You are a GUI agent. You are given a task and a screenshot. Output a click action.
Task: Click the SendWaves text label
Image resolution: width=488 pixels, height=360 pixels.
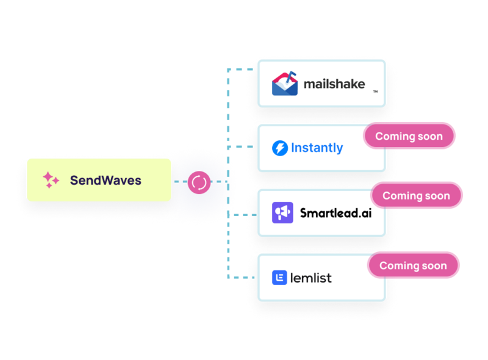click(x=106, y=180)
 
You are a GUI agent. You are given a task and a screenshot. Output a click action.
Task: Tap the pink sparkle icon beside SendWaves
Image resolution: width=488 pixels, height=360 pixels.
click(x=51, y=180)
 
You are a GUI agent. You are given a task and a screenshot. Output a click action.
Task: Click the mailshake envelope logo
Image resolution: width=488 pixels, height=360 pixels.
click(x=285, y=84)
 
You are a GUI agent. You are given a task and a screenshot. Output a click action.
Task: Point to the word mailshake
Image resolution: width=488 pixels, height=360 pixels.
click(x=334, y=84)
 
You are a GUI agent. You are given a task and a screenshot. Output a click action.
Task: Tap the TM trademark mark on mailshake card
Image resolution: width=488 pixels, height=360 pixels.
click(x=375, y=92)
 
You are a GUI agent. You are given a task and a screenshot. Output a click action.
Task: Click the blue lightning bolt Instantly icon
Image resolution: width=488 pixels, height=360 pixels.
click(x=280, y=148)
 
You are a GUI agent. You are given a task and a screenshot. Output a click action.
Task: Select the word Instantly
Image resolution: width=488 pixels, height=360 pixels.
click(x=317, y=148)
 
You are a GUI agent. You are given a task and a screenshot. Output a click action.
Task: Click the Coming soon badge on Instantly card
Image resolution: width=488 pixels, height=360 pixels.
click(x=408, y=136)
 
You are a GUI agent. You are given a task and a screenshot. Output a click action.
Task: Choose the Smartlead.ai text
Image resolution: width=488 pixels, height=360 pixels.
click(x=335, y=213)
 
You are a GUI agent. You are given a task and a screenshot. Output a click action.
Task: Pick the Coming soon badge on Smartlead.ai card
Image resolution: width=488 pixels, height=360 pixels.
click(x=415, y=196)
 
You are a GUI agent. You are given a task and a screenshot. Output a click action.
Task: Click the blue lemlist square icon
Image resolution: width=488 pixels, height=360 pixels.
click(x=279, y=278)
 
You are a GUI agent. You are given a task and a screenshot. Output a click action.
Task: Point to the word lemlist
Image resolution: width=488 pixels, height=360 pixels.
click(x=311, y=278)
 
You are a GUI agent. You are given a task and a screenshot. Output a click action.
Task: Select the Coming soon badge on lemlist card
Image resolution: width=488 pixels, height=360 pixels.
click(x=412, y=265)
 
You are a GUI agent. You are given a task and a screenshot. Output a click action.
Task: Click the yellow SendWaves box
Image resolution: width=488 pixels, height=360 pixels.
click(x=99, y=180)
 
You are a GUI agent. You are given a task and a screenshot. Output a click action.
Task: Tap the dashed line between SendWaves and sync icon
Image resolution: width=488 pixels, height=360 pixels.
click(x=180, y=182)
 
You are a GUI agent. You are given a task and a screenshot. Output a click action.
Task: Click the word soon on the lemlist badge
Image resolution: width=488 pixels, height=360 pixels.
click(x=434, y=265)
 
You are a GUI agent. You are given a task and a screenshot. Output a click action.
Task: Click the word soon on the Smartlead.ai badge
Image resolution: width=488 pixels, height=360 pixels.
click(x=437, y=196)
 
